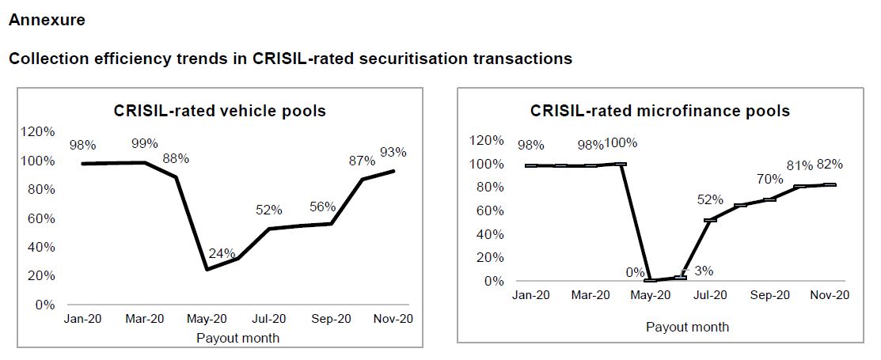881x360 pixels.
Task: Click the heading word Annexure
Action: click(x=47, y=21)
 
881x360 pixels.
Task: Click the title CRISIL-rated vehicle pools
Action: click(x=220, y=111)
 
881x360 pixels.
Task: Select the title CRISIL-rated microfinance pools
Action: click(x=660, y=111)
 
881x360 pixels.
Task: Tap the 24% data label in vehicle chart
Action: click(x=222, y=254)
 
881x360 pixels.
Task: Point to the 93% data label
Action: click(x=393, y=153)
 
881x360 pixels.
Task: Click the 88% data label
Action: click(x=176, y=158)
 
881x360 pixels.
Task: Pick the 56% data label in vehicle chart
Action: click(x=323, y=207)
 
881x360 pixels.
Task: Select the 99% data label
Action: click(x=145, y=143)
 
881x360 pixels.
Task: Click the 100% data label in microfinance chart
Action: click(x=621, y=143)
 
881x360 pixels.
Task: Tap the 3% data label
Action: click(x=704, y=271)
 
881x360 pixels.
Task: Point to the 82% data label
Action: click(x=830, y=165)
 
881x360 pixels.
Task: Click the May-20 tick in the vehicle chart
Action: click(x=207, y=320)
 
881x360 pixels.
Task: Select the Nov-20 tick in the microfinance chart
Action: click(x=830, y=294)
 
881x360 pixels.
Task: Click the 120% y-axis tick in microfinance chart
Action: click(x=486, y=141)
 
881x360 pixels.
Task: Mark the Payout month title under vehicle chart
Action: click(x=237, y=338)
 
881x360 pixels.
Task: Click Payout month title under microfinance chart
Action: click(x=687, y=326)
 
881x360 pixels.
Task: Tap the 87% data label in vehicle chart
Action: click(x=363, y=161)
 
